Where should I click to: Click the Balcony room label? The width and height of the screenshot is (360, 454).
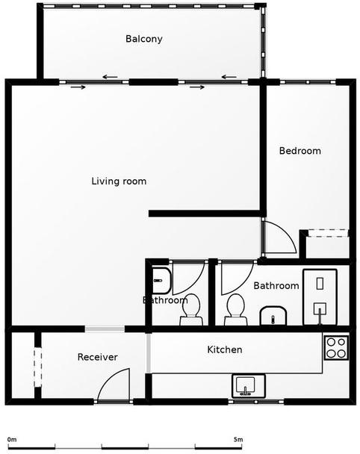tap(144, 39)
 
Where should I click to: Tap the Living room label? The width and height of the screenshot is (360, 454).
tap(119, 181)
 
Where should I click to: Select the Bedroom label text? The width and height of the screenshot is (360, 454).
tap(300, 151)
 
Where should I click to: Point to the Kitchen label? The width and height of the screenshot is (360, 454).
tap(225, 349)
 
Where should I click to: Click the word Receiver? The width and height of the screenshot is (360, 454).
tap(98, 357)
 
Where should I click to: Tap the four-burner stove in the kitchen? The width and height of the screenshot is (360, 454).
tap(336, 347)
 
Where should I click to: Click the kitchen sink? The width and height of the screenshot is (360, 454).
tap(249, 386)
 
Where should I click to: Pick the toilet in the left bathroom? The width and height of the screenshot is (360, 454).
tap(191, 310)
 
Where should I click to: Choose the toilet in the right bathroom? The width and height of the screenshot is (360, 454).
tap(235, 310)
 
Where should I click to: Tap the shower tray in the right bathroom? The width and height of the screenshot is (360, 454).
tap(320, 297)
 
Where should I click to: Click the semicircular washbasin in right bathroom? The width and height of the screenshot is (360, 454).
tap(273, 316)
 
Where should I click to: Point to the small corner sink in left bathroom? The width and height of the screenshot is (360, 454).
tap(161, 281)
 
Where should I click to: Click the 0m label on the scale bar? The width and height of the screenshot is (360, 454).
tap(12, 440)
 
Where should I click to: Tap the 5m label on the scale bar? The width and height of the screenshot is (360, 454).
tap(238, 440)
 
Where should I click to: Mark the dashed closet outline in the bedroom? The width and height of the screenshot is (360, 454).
tap(328, 234)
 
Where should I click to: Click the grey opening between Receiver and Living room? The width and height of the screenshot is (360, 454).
tap(105, 329)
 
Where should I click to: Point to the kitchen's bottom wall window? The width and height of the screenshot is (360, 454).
tap(256, 402)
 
